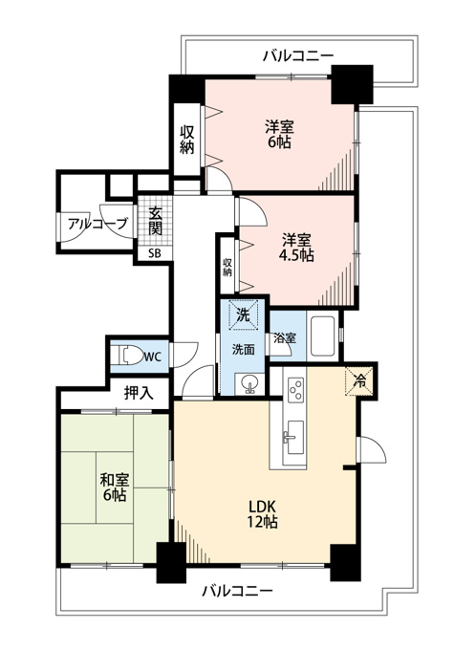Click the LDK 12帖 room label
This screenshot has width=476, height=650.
click(x=263, y=514)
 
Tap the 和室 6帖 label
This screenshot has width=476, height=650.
click(x=115, y=487)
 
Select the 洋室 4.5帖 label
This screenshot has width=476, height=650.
click(x=296, y=248)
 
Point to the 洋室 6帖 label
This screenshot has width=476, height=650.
click(x=279, y=134)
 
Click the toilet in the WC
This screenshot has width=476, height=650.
click(x=130, y=356)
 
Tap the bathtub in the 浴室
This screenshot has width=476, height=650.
click(x=322, y=336)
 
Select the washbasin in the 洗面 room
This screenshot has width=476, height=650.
click(x=249, y=383)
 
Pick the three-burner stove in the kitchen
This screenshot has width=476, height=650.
click(x=296, y=389)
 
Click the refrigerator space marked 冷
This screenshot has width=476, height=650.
click(x=360, y=381)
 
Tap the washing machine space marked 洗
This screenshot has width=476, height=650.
click(x=243, y=314)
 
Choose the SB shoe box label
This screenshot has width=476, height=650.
click(x=155, y=253)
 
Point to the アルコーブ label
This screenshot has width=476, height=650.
click(x=97, y=225)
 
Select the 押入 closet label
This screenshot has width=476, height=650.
click(x=139, y=394)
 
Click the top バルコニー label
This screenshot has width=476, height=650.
click(x=297, y=55)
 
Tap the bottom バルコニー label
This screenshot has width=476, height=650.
click(x=238, y=591)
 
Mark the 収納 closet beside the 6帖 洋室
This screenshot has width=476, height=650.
click(x=187, y=140)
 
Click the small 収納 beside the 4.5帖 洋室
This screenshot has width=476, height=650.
click(x=227, y=268)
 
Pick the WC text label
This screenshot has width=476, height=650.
click(x=152, y=357)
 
